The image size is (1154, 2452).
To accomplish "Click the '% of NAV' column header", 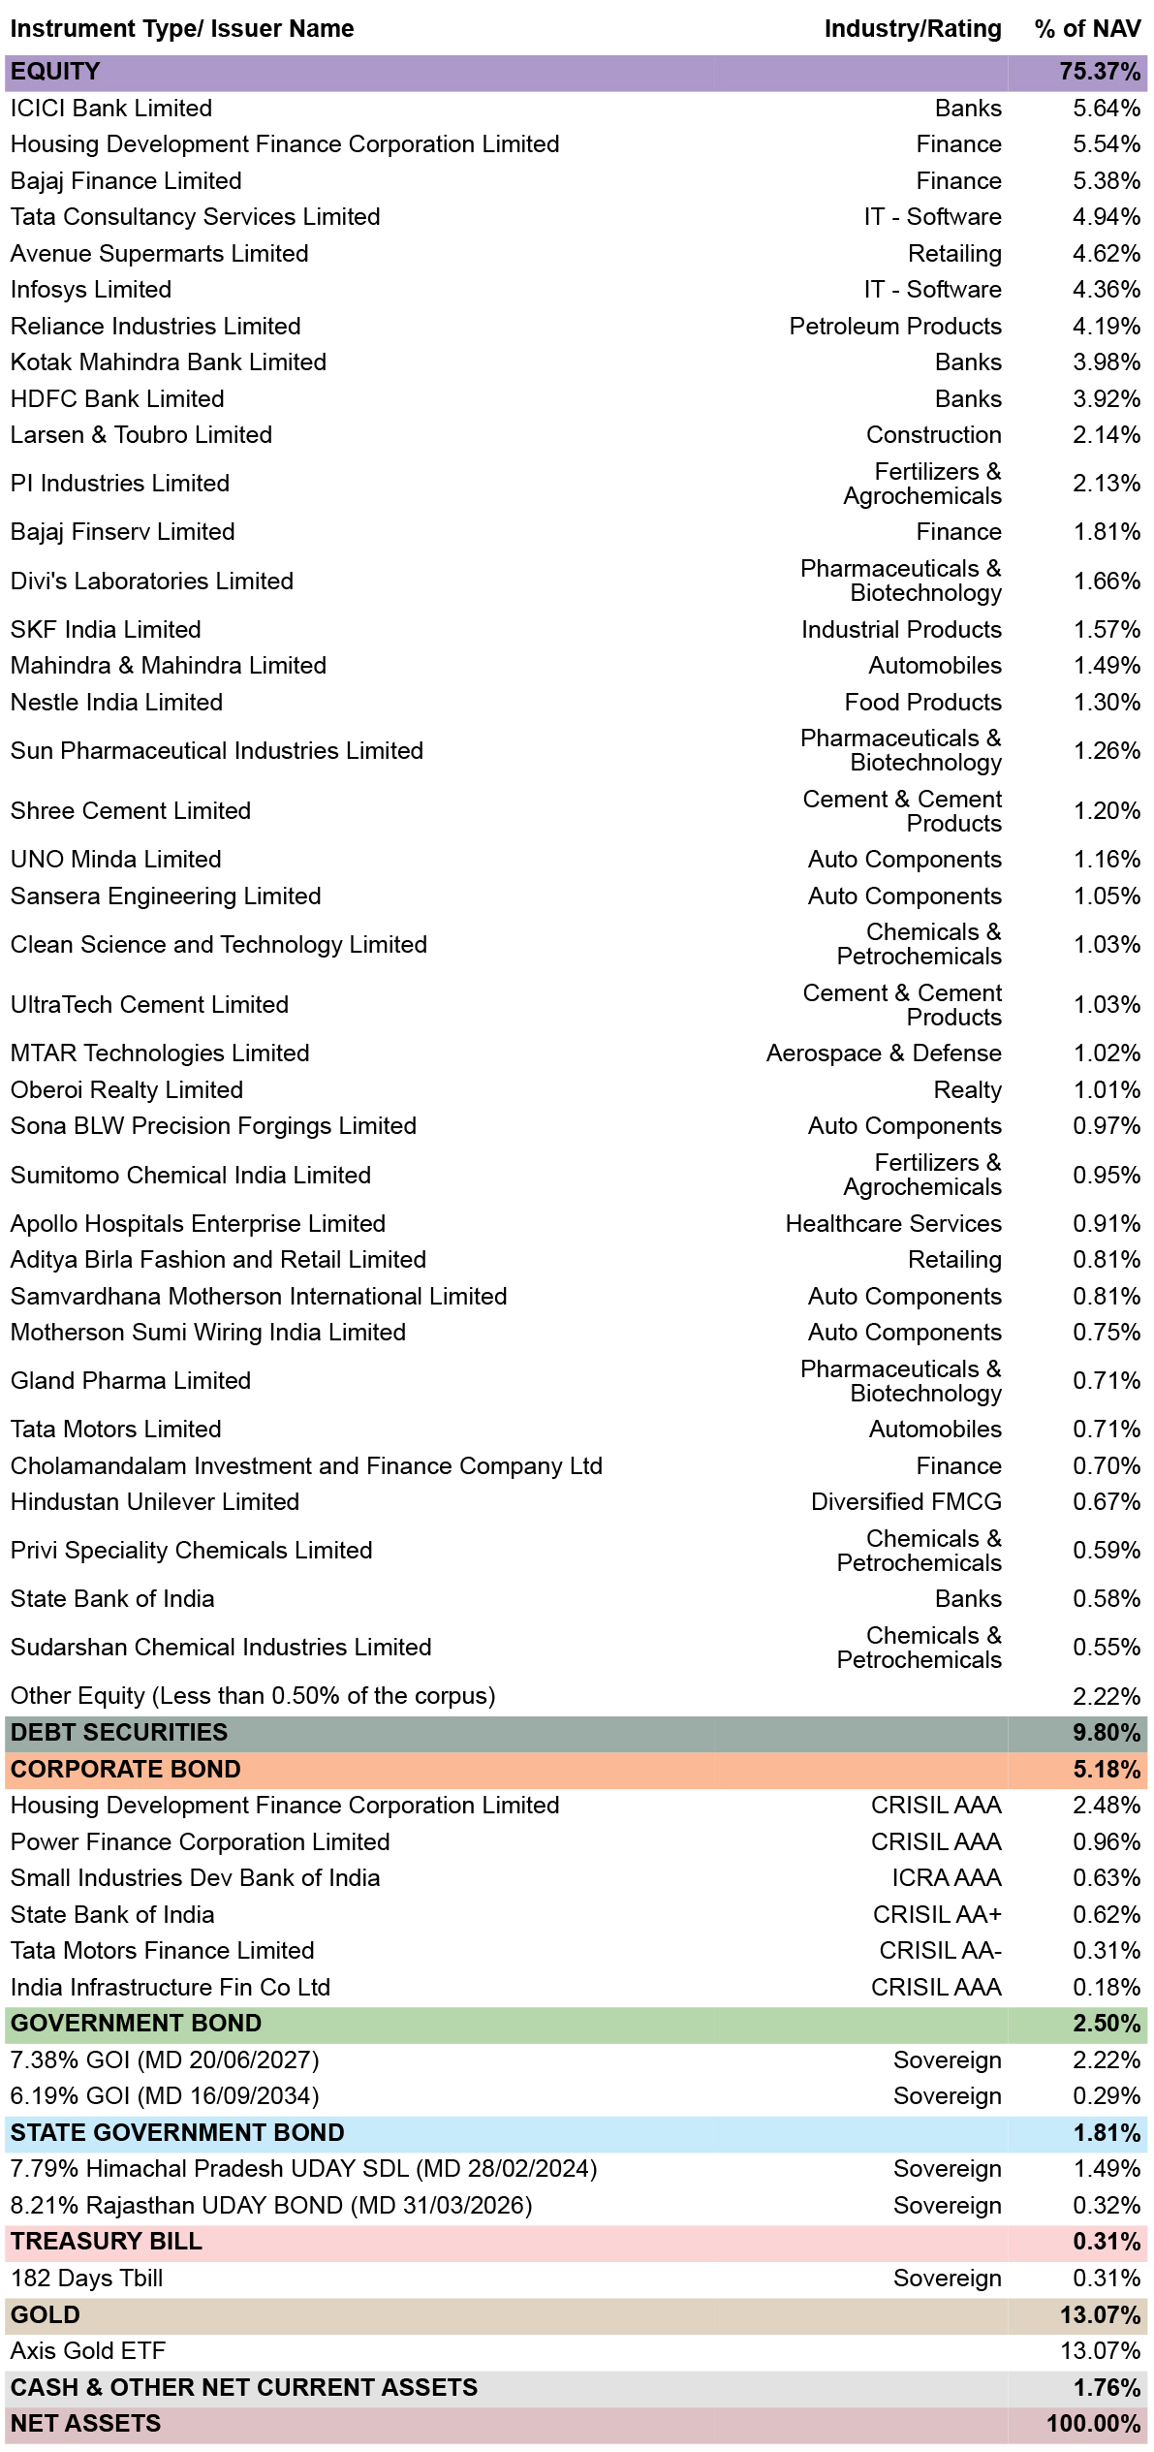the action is point(1087,29).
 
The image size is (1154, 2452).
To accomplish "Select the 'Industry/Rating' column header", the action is point(913,29).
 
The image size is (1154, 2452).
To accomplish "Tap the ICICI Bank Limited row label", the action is point(111,109).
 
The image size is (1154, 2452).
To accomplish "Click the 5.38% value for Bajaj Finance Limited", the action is point(1107,181).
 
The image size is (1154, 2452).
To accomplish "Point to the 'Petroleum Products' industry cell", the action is point(895,327).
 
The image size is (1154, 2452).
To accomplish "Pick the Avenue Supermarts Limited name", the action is point(160,254).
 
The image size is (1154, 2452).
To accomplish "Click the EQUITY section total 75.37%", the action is point(1100,72).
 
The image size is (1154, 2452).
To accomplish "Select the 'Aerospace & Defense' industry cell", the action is point(884,1053).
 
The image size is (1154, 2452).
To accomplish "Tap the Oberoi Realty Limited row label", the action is point(127,1090).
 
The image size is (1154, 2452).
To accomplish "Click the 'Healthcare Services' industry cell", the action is point(893,1224).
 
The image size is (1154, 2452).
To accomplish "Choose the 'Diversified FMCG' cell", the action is point(906,1502).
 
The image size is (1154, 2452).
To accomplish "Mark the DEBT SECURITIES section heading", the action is point(119,1733).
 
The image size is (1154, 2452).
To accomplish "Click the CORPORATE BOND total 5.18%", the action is point(1107,1770).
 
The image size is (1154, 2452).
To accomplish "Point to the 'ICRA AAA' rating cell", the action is point(947,1878).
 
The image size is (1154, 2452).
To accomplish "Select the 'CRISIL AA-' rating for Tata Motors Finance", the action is point(940,1951).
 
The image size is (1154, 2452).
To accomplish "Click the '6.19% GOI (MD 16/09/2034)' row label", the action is point(165,2096).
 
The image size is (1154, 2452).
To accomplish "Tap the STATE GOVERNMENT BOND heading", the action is point(177,2133).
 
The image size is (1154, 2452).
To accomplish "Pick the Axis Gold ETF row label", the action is point(88,2351).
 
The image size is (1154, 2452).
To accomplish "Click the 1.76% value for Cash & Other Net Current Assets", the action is point(1107,2388).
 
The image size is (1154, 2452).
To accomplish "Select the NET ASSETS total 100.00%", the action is point(1094,2424).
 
